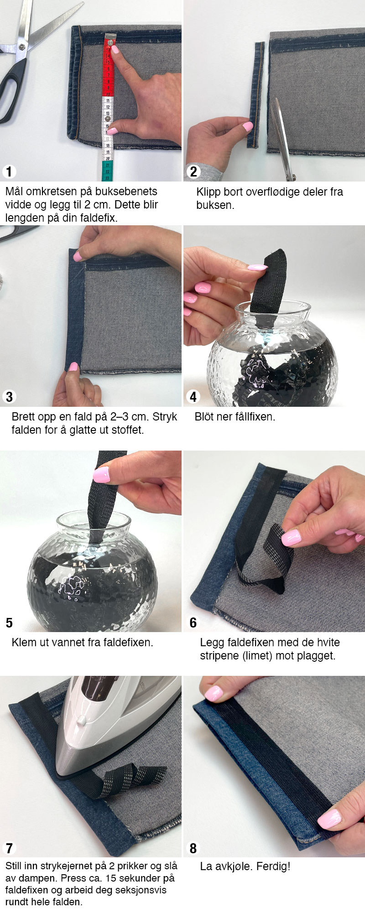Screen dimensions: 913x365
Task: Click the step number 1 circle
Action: pos(9,171)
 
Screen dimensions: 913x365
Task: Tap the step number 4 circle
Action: pos(193,397)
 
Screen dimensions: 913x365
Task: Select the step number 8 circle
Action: pos(193,848)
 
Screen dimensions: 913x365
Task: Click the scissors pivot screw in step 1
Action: pos(21,47)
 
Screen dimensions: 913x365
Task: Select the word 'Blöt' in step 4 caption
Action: pos(204,416)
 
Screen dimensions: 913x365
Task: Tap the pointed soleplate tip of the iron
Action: pos(59,773)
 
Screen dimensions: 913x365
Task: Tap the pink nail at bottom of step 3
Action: pos(73,367)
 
